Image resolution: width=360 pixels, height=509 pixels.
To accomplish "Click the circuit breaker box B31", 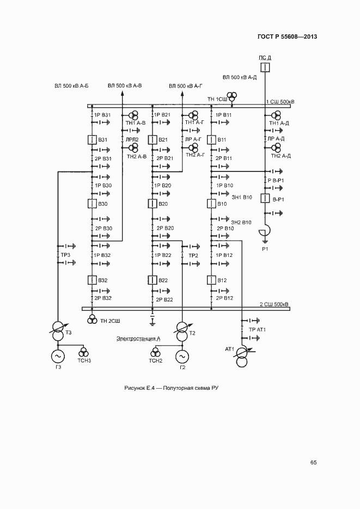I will point(91,140).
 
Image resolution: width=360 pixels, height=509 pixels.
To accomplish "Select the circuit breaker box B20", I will point(152,204).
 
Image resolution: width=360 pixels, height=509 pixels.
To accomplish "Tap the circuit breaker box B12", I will point(211,280).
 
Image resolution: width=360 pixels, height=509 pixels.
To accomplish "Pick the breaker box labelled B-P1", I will point(265,199).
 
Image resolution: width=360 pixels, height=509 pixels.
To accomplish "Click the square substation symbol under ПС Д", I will point(264,68).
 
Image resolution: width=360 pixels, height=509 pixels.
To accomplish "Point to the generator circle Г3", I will point(57,355).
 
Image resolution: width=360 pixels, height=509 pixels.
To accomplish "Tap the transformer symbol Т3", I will point(57,328).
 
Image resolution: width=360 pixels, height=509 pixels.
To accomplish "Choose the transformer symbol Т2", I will point(181,328).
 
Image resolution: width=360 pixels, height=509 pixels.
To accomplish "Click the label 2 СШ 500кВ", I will point(274,304).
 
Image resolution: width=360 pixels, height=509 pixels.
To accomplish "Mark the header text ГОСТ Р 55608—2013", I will point(287,36).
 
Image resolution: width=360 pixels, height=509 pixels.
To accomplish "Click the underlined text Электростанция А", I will point(138,339).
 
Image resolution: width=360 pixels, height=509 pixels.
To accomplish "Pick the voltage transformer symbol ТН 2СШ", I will point(93,318).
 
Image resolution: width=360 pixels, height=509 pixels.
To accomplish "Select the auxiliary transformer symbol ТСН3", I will point(83,352).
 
